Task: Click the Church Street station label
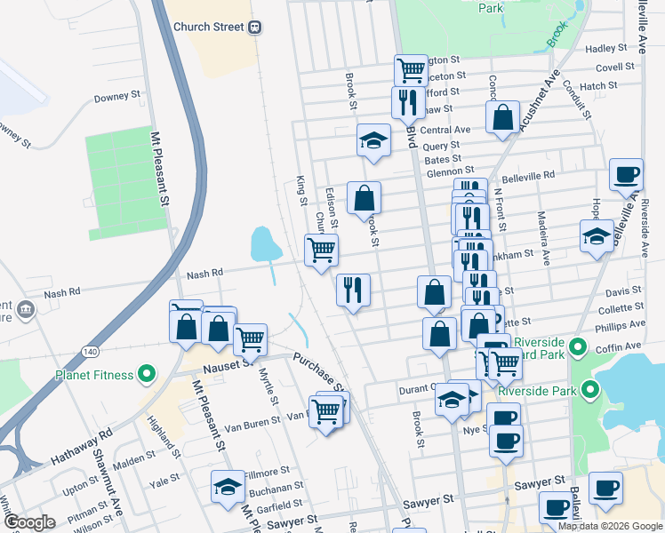pyautogui.click(x=208, y=27)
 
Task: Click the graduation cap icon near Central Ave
pyautogui.click(x=373, y=139)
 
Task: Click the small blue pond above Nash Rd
pyautogui.click(x=261, y=243)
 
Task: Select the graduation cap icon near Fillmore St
pyautogui.click(x=228, y=486)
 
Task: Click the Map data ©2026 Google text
pyautogui.click(x=610, y=526)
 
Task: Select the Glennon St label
pyautogui.click(x=450, y=171)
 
